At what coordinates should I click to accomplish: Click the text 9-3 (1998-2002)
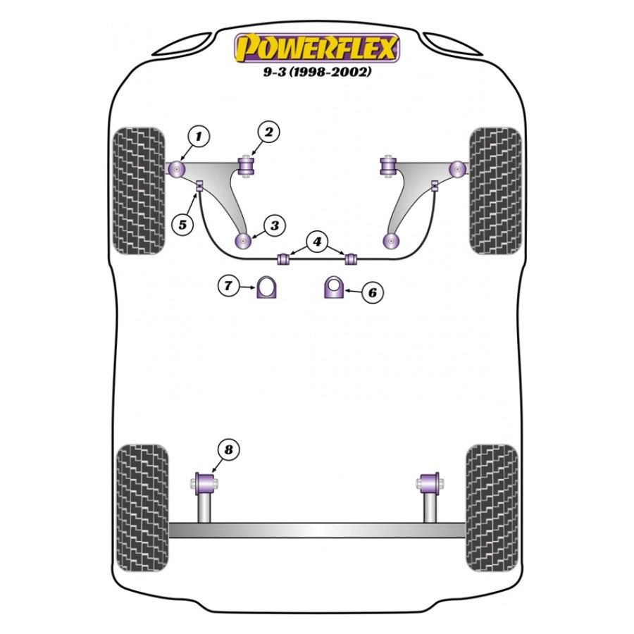tap(318, 72)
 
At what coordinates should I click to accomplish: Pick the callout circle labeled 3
tap(274, 226)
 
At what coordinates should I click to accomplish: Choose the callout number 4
tap(318, 242)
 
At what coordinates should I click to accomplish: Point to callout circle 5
tap(182, 225)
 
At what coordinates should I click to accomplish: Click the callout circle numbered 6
tap(373, 292)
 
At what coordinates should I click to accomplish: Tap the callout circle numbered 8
tap(228, 449)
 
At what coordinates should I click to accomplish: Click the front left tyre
tap(139, 191)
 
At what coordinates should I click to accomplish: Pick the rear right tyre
tap(492, 506)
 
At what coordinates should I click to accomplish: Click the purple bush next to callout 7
tap(266, 288)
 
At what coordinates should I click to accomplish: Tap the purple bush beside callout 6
tap(333, 288)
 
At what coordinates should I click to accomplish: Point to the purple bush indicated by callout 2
tap(247, 167)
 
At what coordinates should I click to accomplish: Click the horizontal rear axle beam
tap(317, 530)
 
